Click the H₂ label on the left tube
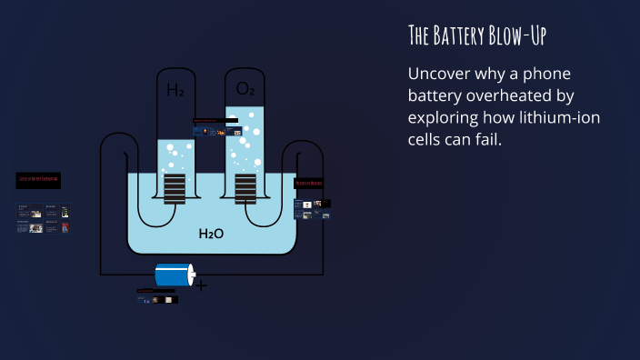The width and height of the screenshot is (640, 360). click(175, 90)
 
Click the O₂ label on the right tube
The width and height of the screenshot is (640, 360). click(245, 89)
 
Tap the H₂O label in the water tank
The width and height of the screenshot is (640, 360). click(211, 234)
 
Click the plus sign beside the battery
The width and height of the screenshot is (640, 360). click(201, 286)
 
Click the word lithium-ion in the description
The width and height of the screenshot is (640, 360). click(557, 118)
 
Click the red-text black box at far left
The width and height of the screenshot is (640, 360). click(38, 180)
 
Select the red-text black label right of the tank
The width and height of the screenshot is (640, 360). click(309, 183)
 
